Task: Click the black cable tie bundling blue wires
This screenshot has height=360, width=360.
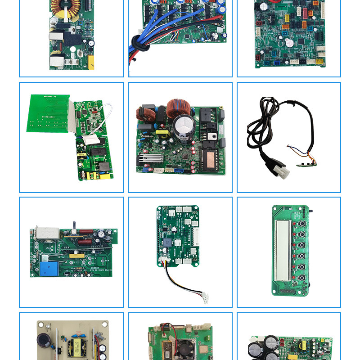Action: click(x=136, y=45)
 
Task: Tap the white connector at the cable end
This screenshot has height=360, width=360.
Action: click(x=205, y=297)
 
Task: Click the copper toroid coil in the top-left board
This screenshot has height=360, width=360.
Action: click(x=65, y=6)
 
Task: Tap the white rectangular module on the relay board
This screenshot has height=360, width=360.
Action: click(x=45, y=233)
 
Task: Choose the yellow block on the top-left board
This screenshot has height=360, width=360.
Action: click(x=90, y=62)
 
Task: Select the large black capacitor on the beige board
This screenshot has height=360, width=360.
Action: click(x=45, y=343)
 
